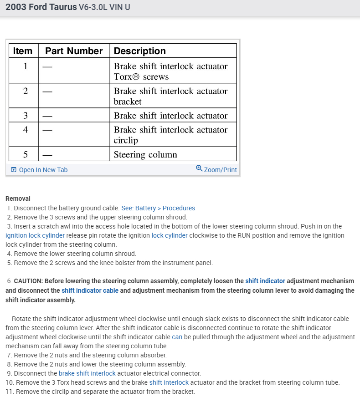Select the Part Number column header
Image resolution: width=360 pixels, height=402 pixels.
(x=74, y=51)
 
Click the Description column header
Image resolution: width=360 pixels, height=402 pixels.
(x=139, y=51)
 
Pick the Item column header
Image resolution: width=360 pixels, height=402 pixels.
(x=23, y=51)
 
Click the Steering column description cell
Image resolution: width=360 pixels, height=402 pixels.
(x=145, y=155)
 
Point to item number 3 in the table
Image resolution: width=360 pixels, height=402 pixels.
(x=26, y=116)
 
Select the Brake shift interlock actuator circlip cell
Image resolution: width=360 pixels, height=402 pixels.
(x=170, y=135)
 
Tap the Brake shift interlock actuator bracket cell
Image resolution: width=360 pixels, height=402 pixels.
(x=170, y=96)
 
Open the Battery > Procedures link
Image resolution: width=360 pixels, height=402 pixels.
(x=158, y=208)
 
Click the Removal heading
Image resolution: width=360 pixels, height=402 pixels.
(x=18, y=198)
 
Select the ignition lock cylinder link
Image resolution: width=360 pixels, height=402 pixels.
(x=35, y=235)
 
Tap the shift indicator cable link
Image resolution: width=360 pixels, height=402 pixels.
(x=90, y=290)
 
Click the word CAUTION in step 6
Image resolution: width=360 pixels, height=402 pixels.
(x=28, y=281)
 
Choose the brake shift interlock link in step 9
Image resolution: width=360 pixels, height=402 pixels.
(x=87, y=373)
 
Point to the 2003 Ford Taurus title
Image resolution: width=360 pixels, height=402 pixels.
(x=41, y=7)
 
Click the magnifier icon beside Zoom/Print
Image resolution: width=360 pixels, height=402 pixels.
(x=199, y=168)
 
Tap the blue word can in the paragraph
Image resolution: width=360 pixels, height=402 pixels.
(x=177, y=337)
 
